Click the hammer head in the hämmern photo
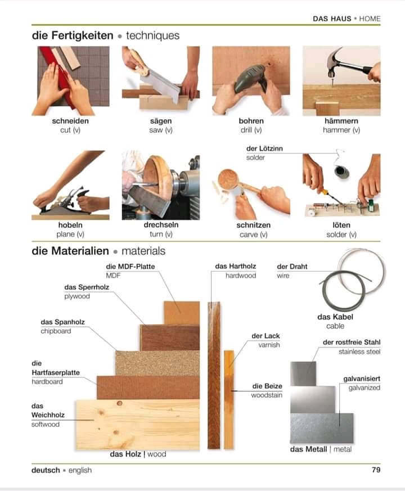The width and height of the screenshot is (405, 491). pos(335,61)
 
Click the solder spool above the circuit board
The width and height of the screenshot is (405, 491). pos(341,172)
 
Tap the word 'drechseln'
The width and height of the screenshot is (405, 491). pos(161,225)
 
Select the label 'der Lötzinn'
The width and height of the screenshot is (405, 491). pos(264,148)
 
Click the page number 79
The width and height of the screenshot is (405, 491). pos(376,470)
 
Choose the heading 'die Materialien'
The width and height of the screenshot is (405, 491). pos(70,251)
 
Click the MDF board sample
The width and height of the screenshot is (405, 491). pos(181,313)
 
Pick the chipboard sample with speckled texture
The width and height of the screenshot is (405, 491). pos(157,363)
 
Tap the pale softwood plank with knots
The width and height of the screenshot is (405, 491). pos(137,424)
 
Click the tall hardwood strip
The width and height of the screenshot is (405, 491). pos(214,375)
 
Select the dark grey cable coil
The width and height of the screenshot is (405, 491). pos(344,290)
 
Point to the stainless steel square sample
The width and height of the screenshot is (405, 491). pos(303,373)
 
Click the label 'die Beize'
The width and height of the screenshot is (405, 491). pos(267,386)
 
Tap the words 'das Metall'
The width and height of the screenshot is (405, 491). pos(308,449)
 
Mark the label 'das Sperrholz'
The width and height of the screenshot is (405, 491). pos(87,287)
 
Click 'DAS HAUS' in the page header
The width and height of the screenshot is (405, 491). pos(332,19)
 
